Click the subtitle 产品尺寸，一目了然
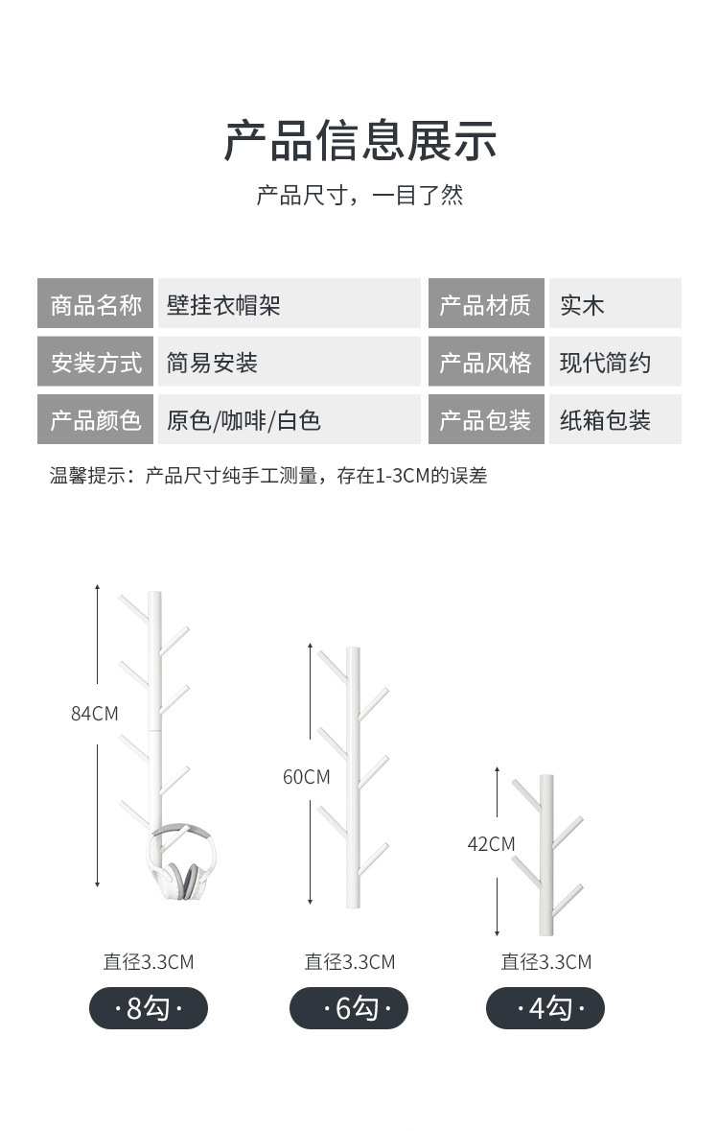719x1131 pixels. click(x=359, y=196)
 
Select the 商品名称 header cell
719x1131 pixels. click(x=95, y=305)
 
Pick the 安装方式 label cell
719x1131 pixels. click(x=95, y=363)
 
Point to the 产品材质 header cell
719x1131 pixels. click(x=485, y=305)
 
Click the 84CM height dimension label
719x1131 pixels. click(x=95, y=714)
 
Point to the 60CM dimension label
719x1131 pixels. click(x=306, y=777)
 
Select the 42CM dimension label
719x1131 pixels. click(x=491, y=844)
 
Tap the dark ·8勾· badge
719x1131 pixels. click(x=149, y=1008)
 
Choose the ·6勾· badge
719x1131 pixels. click(x=349, y=1008)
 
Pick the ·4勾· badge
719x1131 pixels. click(x=545, y=1008)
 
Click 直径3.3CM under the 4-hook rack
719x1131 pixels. click(x=545, y=962)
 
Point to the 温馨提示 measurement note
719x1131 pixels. click(x=268, y=476)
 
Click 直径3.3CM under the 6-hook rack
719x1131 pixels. click(x=349, y=962)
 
